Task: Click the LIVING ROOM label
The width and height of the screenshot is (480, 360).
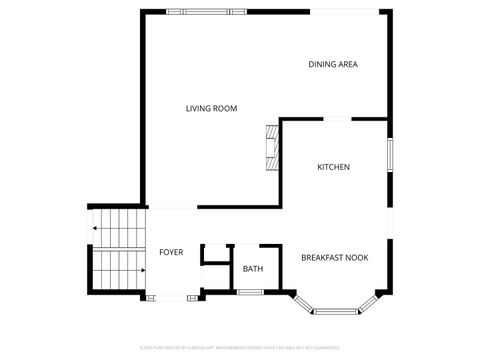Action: pyautogui.click(x=211, y=108)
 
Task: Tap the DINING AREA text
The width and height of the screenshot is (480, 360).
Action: pyautogui.click(x=333, y=64)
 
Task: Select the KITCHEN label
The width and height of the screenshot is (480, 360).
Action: pyautogui.click(x=333, y=167)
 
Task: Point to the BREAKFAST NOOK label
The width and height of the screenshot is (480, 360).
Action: pyautogui.click(x=334, y=257)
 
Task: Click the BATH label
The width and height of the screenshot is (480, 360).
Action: pyautogui.click(x=252, y=268)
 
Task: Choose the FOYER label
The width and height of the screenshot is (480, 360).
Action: pyautogui.click(x=171, y=252)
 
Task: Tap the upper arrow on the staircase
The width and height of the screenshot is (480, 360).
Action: pyautogui.click(x=96, y=229)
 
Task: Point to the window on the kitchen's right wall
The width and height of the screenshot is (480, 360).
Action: pyautogui.click(x=389, y=155)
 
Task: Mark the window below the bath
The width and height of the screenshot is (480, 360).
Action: pyautogui.click(x=249, y=292)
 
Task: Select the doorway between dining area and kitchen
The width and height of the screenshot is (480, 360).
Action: pyautogui.click(x=337, y=118)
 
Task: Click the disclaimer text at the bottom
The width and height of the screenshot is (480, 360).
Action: pyautogui.click(x=240, y=348)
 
